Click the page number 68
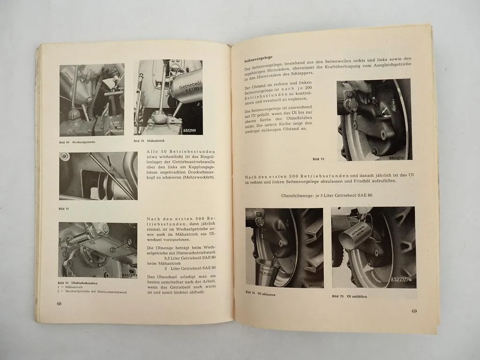pos(59,304)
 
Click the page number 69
pos(414,311)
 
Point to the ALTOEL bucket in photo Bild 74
pos(263,272)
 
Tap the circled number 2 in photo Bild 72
pos(112,250)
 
